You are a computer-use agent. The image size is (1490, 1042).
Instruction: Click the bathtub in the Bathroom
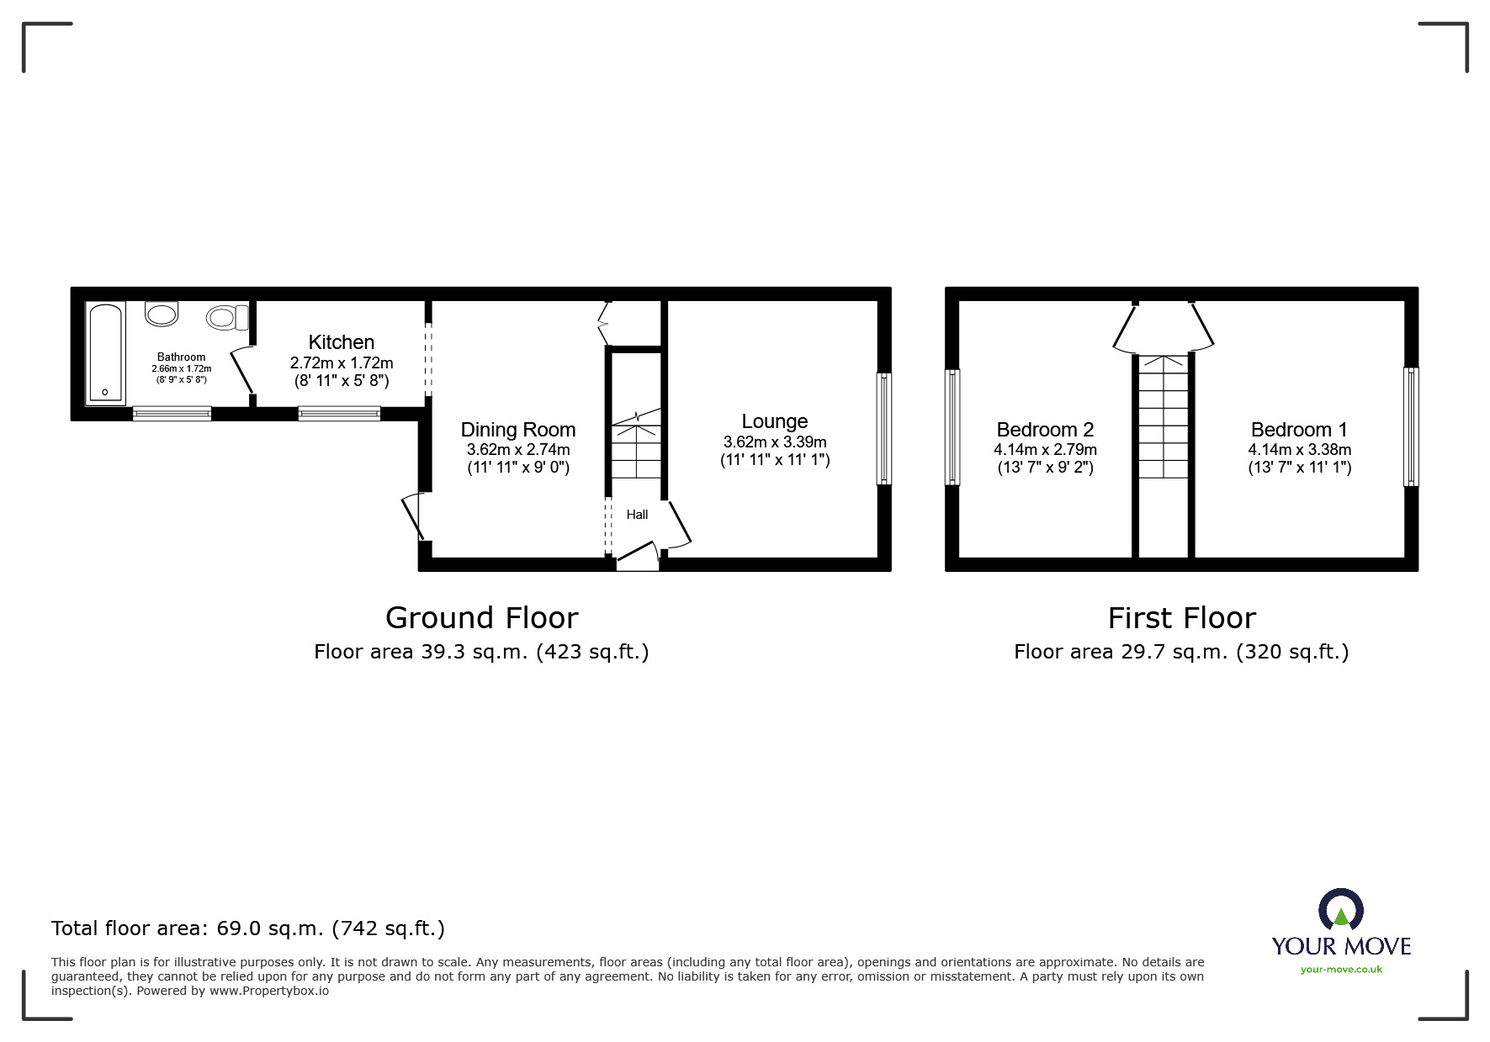pos(105,353)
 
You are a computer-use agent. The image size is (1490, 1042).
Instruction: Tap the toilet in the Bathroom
pos(226,317)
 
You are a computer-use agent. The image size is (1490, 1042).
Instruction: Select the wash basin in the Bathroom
pos(162,314)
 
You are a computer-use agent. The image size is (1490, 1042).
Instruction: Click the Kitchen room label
pos(341,342)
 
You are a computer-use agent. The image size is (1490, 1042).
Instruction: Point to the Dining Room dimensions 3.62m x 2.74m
pos(518,450)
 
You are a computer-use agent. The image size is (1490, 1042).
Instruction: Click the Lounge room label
pos(774,421)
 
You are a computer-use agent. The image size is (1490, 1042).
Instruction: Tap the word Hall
pos(637,515)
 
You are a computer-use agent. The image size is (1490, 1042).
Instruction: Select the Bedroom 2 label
pos(1045,430)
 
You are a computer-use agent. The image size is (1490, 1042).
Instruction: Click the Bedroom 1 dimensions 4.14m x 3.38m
pos(1299,450)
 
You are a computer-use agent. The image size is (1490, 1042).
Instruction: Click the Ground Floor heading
pos(481,618)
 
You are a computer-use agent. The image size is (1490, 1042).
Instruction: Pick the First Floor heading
pos(1181,618)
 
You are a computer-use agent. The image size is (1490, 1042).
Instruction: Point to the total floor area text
pos(248,928)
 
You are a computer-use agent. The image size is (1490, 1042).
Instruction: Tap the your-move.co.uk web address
pos(1341,970)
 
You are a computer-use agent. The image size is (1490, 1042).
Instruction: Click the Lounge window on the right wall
pos(883,429)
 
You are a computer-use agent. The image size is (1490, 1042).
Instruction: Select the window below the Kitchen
pos(339,413)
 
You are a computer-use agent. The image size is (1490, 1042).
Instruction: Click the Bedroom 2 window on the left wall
pos(952,427)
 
